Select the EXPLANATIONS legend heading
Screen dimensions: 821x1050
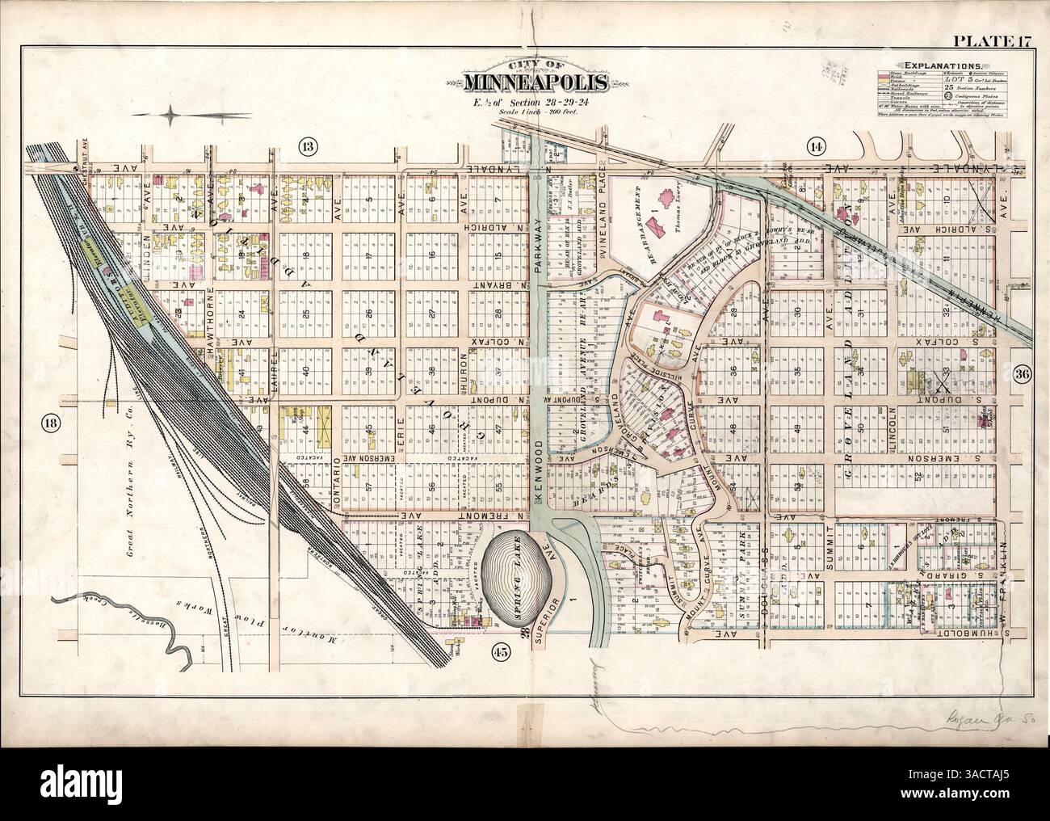(x=943, y=64)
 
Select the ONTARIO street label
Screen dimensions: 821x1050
(x=338, y=485)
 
